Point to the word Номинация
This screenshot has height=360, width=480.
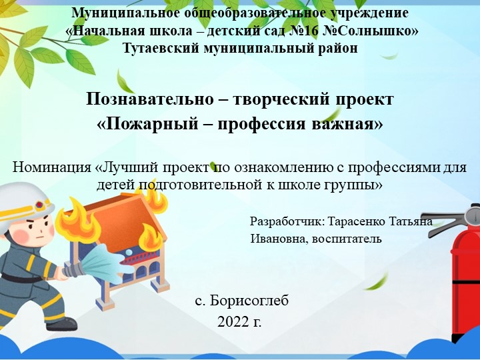click(x=53, y=167)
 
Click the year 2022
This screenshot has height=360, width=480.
click(x=231, y=322)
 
